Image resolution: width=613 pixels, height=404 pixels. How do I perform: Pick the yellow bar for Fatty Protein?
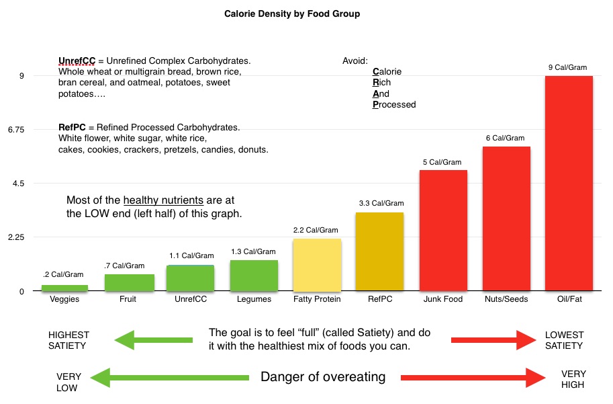[x=317, y=265]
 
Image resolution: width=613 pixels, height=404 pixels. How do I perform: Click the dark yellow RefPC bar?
[x=380, y=252]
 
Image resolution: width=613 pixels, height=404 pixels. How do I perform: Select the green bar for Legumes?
[x=254, y=276]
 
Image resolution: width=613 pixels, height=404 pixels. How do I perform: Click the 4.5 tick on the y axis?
[x=18, y=184]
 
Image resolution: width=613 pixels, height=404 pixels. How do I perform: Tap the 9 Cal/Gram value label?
[x=569, y=67]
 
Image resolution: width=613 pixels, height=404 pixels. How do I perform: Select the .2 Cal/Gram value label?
[x=64, y=275]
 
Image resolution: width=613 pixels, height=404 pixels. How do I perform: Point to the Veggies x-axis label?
[x=64, y=299]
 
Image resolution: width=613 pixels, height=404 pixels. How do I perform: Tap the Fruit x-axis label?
[x=128, y=299]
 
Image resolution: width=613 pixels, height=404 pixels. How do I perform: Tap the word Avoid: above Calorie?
[x=355, y=61]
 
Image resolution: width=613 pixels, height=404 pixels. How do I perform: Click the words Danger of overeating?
[x=323, y=377]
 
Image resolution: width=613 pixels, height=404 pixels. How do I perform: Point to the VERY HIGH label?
[x=573, y=380]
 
